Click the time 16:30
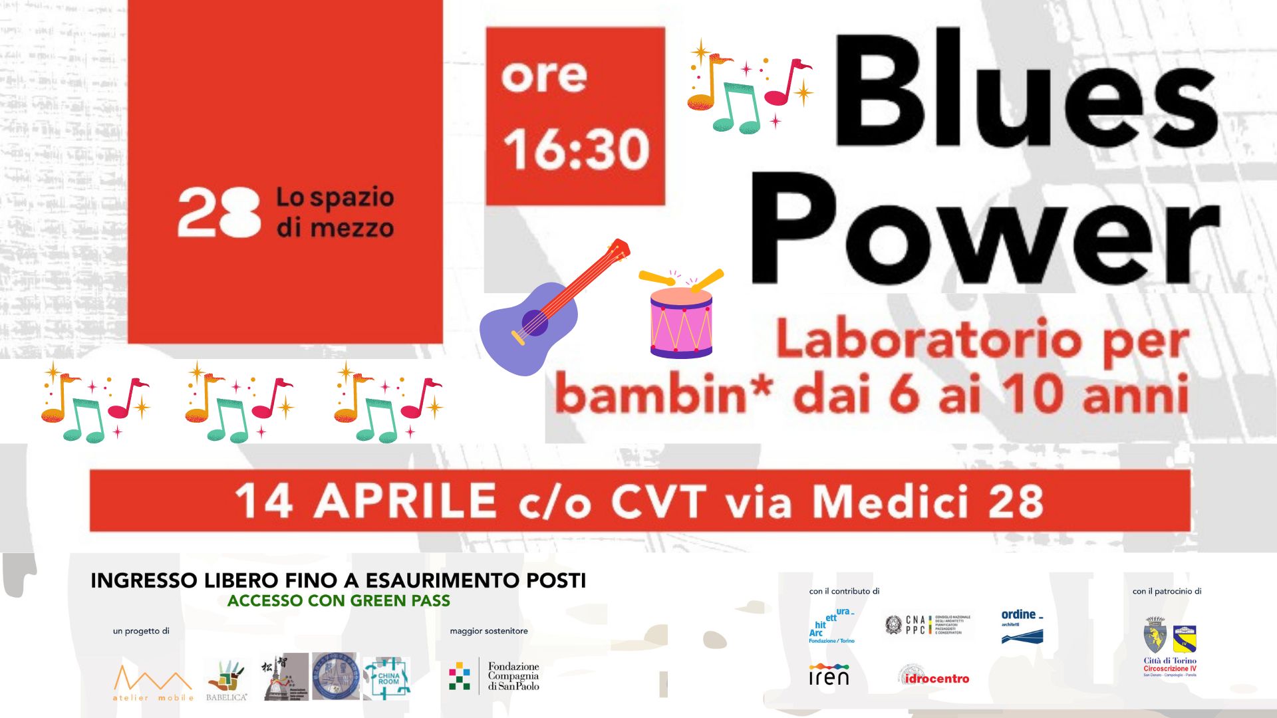click(x=576, y=149)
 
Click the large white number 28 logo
click(x=219, y=213)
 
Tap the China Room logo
click(x=388, y=677)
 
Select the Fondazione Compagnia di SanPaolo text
click(x=513, y=676)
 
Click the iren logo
click(x=829, y=675)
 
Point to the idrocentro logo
click(x=936, y=678)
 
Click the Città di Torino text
click(x=1169, y=661)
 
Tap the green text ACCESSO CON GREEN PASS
click(x=339, y=601)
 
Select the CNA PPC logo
click(x=928, y=624)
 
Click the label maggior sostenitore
click(x=489, y=631)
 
